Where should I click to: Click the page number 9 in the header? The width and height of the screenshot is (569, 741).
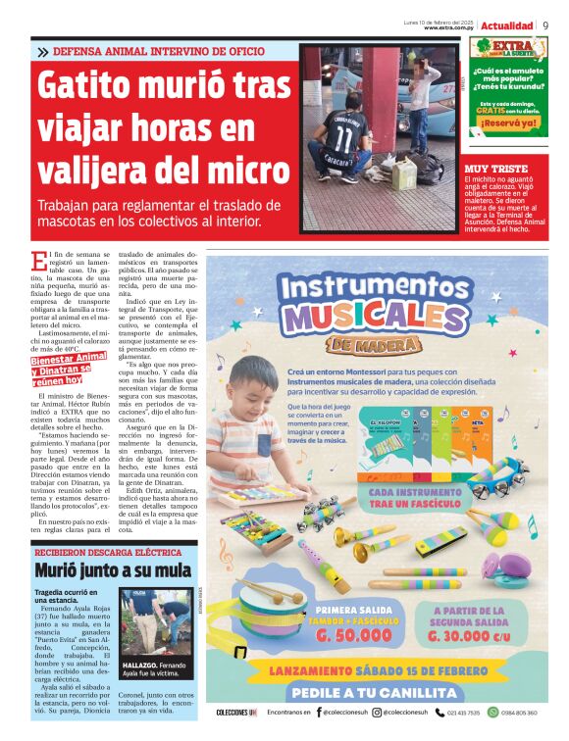coord(545,25)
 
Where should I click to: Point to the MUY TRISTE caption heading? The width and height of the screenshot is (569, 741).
coord(496,169)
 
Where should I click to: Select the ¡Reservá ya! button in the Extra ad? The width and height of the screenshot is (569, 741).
coord(508,123)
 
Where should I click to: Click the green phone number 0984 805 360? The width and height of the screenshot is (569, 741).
coord(524,713)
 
